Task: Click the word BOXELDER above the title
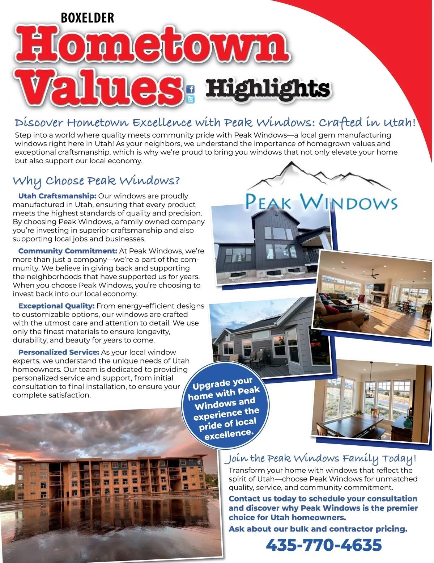click(88, 18)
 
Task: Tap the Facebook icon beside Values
click(190, 89)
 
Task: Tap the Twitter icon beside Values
click(190, 99)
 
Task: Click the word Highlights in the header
click(268, 89)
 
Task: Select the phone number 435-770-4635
click(324, 545)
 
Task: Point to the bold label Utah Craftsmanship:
click(57, 196)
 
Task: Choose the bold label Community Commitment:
click(68, 251)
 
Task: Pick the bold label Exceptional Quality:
click(56, 306)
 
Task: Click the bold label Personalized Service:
click(59, 352)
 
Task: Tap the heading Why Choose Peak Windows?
click(96, 180)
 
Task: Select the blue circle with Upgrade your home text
click(226, 407)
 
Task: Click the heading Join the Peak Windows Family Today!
click(320, 459)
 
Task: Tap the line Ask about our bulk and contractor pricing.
click(318, 529)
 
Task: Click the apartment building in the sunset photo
click(109, 478)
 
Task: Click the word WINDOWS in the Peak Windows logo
click(349, 203)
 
